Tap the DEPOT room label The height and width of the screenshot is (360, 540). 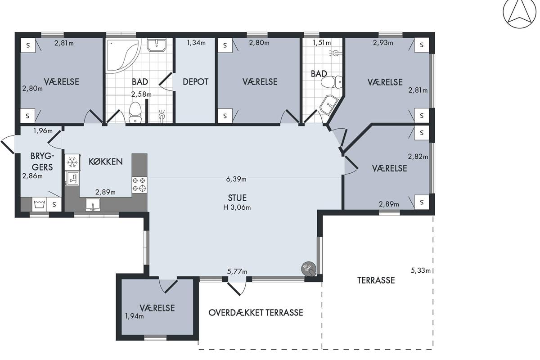pyautogui.click(x=195, y=82)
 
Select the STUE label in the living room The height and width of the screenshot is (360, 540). pyautogui.click(x=237, y=198)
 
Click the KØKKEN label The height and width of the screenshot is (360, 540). pyautogui.click(x=106, y=161)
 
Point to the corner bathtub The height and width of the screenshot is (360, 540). pyautogui.click(x=122, y=56)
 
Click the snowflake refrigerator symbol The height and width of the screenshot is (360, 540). pyautogui.click(x=72, y=162)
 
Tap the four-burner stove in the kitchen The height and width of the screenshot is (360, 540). pyautogui.click(x=139, y=185)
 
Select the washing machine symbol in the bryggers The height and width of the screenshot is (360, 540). pyautogui.click(x=39, y=204)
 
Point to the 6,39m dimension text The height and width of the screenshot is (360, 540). pyautogui.click(x=236, y=179)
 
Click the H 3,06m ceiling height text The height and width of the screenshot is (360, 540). pyautogui.click(x=237, y=207)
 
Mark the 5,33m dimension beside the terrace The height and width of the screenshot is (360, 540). pyautogui.click(x=420, y=270)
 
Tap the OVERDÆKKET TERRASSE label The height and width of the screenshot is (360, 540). pyautogui.click(x=256, y=313)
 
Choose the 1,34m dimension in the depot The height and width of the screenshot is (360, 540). pyautogui.click(x=196, y=43)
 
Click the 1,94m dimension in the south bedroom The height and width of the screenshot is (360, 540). pyautogui.click(x=134, y=316)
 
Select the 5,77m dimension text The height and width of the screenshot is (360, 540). pyautogui.click(x=237, y=271)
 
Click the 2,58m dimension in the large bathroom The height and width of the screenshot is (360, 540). pyautogui.click(x=141, y=94)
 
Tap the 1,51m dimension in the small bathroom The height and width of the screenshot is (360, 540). pyautogui.click(x=322, y=43)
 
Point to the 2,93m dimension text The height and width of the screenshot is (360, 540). pyautogui.click(x=383, y=43)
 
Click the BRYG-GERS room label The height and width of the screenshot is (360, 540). pyautogui.click(x=42, y=162)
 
